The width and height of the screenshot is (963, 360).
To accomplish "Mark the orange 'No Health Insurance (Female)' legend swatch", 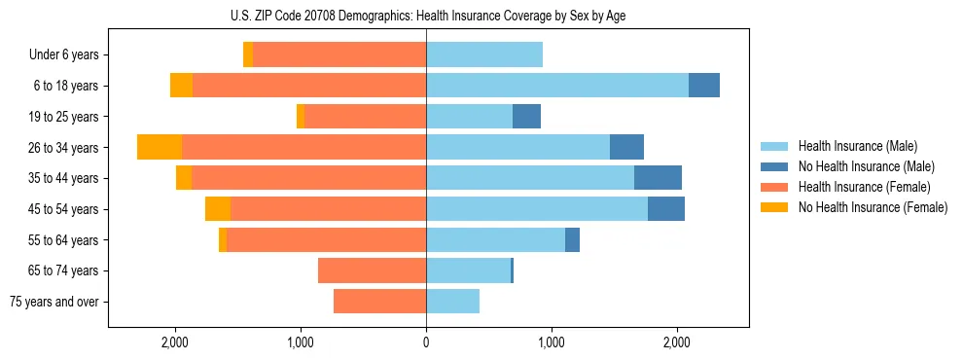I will coord(775,207).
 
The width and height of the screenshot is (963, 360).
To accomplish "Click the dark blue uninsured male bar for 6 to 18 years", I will coord(704,86).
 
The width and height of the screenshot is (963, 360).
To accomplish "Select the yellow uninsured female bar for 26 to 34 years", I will coord(160,147).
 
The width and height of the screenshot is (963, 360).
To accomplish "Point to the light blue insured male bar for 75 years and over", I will coord(452,302).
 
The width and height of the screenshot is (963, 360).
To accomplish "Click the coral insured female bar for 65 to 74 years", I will coord(372,270).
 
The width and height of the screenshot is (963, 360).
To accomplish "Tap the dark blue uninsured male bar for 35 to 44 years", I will coord(658,178).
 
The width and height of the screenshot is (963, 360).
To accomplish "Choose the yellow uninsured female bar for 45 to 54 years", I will coord(218,209).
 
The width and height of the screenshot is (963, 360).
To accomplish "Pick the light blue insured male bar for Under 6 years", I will coord(483,55).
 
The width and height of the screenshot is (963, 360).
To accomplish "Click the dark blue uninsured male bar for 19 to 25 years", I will coord(526,117).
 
